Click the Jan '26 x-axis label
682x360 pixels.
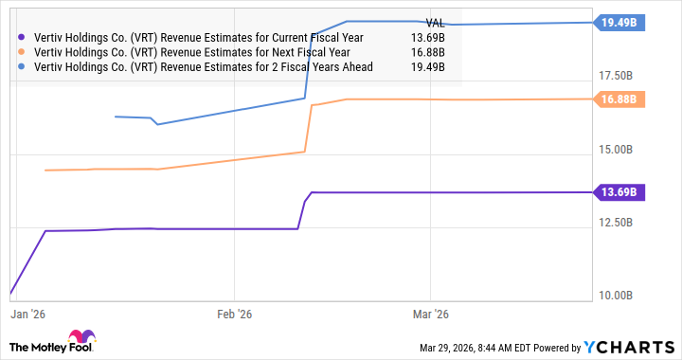pos(30,313)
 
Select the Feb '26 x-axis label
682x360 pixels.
pos(233,313)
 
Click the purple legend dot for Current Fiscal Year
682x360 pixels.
pos(23,37)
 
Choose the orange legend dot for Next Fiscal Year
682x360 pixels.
pos(23,52)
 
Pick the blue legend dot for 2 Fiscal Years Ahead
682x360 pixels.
pos(23,67)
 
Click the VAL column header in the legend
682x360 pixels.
pos(435,22)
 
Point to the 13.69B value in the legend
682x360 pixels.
pos(430,37)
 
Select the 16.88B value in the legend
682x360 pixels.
pos(430,52)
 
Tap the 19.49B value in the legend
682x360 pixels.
pos(430,67)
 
